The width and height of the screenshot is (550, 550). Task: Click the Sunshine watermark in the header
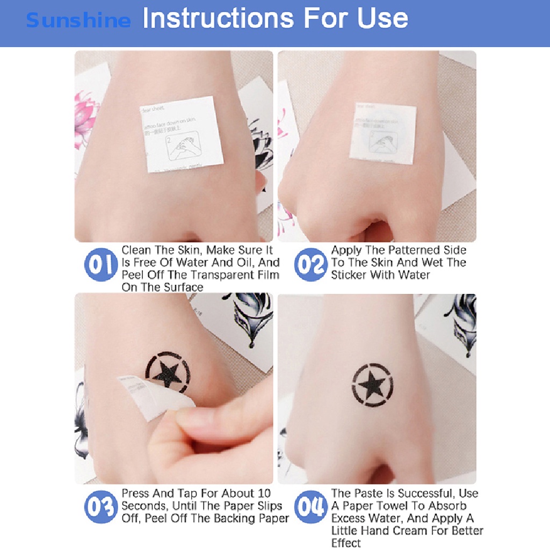tap(78, 21)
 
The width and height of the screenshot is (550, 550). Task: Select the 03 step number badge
tap(100, 508)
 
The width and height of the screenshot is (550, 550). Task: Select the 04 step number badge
tap(310, 508)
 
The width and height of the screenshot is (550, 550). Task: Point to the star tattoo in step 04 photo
tap(376, 385)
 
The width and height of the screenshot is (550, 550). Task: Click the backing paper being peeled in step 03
tap(153, 403)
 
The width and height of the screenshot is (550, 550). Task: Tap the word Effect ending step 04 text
tap(346, 543)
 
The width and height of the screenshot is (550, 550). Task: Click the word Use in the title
tap(384, 18)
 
